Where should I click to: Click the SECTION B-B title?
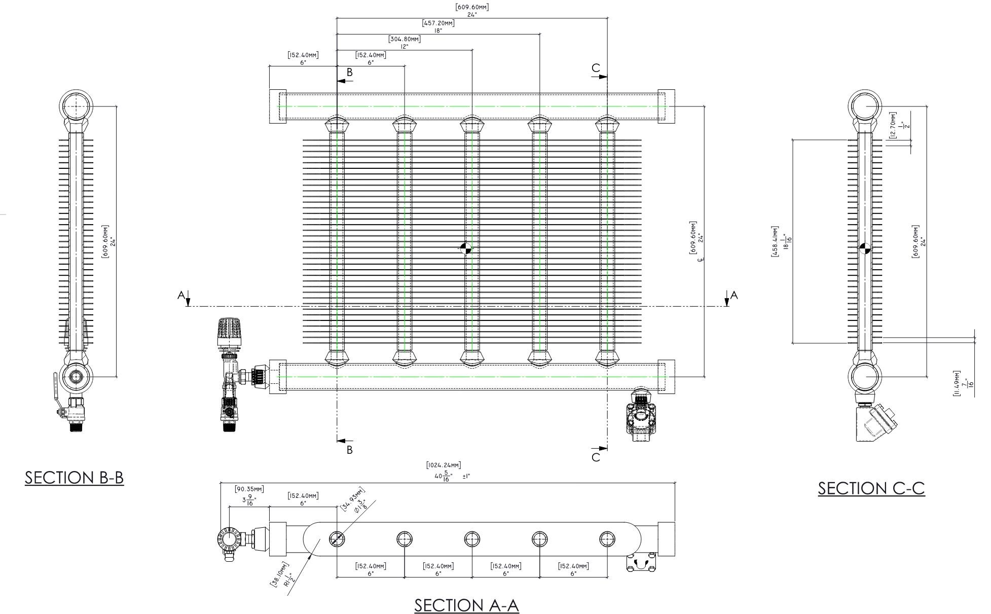click(x=74, y=478)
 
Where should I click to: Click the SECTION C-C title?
click(x=871, y=488)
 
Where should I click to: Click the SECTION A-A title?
click(x=466, y=605)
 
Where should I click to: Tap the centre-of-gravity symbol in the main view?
click(x=465, y=248)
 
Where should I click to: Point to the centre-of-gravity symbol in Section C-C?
click(x=865, y=248)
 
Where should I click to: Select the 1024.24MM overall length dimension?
click(x=444, y=465)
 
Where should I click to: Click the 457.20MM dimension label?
click(x=438, y=23)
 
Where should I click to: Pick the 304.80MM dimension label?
click(x=404, y=39)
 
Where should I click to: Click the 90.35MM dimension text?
click(x=249, y=489)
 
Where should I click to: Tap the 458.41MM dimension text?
click(x=775, y=241)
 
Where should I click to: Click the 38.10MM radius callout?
click(x=279, y=574)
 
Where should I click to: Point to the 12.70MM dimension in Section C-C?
click(x=893, y=125)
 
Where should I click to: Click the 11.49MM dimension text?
click(x=957, y=383)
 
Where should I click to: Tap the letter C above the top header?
click(x=596, y=68)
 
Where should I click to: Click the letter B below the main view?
click(x=349, y=449)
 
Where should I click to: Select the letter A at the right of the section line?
click(x=733, y=295)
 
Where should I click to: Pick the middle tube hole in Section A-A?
click(x=472, y=539)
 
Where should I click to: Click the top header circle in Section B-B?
click(x=77, y=105)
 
